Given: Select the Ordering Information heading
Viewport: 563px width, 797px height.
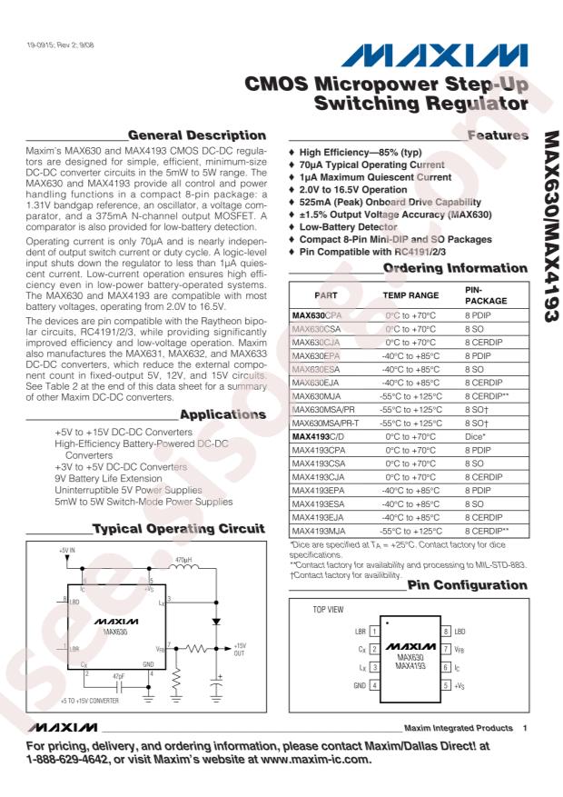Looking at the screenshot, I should [x=455, y=268].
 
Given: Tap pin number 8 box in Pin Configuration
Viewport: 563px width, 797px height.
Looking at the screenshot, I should [x=446, y=630].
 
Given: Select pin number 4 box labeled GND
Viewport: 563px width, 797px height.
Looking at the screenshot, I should [x=374, y=684].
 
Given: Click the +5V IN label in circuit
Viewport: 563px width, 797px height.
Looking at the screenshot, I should [x=69, y=551].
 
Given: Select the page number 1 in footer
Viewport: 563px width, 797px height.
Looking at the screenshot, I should [x=525, y=728].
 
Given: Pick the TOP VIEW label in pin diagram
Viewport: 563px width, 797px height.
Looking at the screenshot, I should [x=329, y=610].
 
